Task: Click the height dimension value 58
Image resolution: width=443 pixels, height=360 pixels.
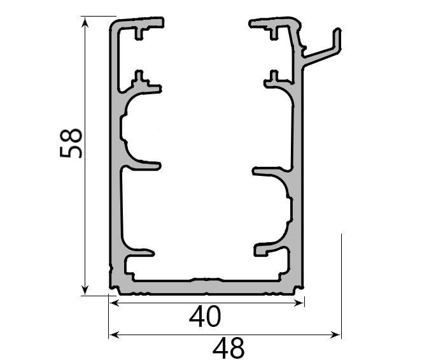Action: [70, 143]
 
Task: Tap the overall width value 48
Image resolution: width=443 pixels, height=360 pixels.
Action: [228, 348]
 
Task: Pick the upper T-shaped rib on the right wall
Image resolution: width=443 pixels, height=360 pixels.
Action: [278, 80]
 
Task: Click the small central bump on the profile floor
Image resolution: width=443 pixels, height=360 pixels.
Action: [205, 280]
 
